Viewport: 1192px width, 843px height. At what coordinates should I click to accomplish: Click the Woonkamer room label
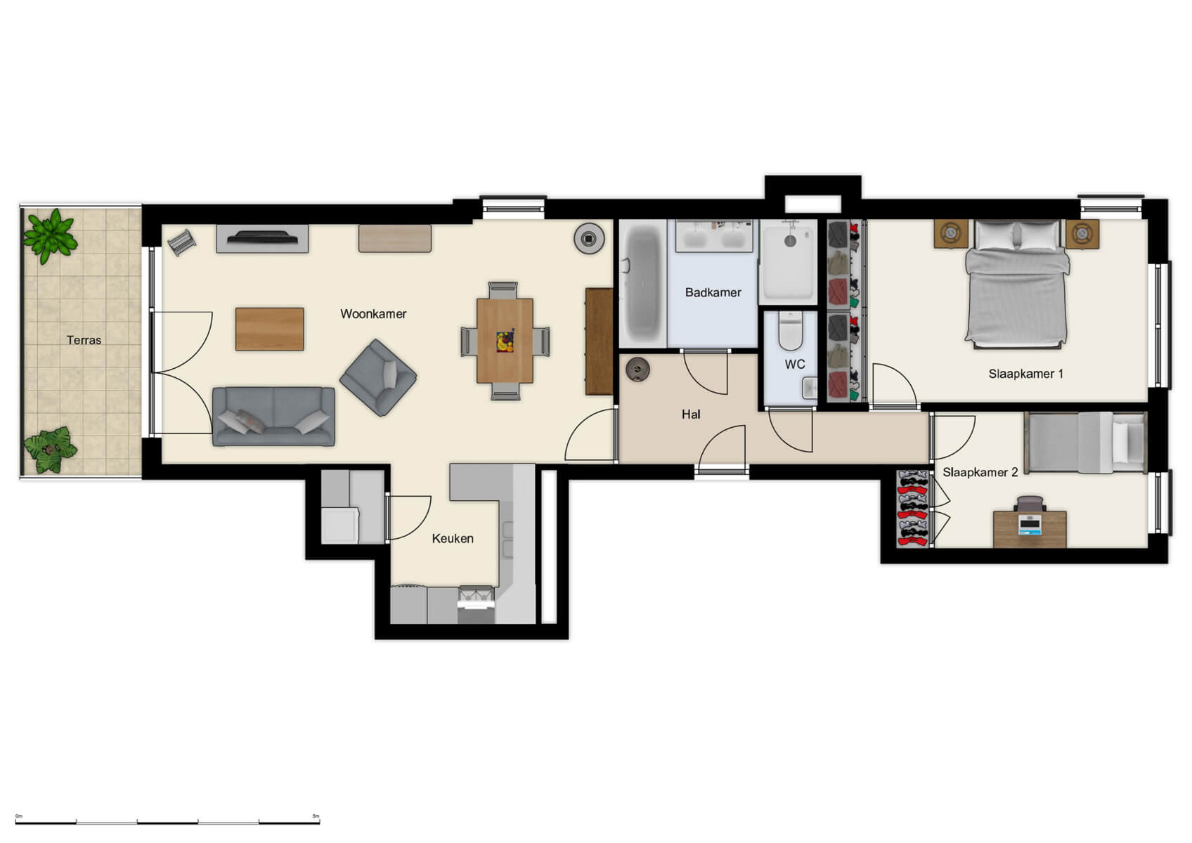[373, 314]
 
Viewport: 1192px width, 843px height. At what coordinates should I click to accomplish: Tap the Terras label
[84, 340]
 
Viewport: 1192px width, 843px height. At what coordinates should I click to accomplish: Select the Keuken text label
[452, 539]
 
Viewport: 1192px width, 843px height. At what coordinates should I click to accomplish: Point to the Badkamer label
[713, 292]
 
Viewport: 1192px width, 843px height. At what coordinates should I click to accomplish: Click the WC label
[795, 364]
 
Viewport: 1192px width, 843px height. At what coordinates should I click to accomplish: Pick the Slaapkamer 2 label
[980, 472]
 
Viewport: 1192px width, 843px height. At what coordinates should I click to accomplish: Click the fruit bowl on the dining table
[505, 341]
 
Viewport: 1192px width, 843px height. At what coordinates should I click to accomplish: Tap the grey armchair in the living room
[379, 377]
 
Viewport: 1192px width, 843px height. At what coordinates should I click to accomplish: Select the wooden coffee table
[269, 329]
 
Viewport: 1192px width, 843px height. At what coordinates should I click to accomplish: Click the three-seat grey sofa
[273, 416]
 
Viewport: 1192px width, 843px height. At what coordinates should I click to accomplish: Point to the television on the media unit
[261, 237]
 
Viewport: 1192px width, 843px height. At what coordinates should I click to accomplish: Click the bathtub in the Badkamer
[642, 283]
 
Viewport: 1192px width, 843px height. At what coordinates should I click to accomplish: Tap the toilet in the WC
[791, 330]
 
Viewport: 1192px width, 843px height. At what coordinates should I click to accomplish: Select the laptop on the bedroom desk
[1030, 524]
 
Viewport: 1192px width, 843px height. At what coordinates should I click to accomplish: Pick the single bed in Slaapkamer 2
[1085, 442]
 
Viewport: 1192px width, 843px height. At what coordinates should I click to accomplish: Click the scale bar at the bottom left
[167, 821]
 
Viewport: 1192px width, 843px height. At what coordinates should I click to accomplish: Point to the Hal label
[690, 414]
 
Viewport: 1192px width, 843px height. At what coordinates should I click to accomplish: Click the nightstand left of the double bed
[950, 233]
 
